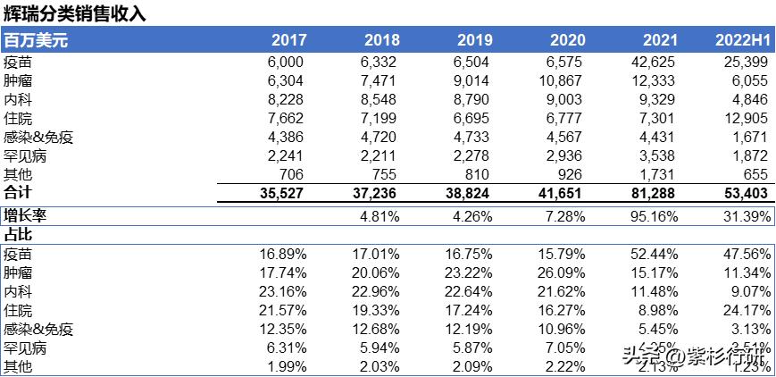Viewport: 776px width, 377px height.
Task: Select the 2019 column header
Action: click(474, 40)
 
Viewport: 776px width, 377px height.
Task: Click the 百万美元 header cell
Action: click(36, 40)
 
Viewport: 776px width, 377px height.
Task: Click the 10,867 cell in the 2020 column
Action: click(563, 80)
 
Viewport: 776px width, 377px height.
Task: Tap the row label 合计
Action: click(17, 193)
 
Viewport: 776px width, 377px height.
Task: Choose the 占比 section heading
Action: click(17, 234)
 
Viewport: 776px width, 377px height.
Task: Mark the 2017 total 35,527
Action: click(282, 193)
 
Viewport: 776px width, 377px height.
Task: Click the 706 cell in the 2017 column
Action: click(292, 174)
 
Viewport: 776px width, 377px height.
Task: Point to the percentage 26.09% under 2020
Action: click(561, 272)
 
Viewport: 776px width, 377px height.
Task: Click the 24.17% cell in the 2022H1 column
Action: click(745, 310)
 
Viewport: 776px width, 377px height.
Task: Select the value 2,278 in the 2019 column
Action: click(471, 155)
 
